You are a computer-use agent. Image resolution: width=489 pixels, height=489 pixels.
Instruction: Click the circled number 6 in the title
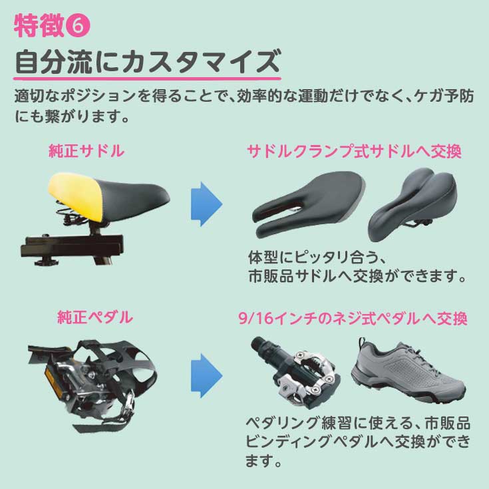pyautogui.click(x=79, y=26)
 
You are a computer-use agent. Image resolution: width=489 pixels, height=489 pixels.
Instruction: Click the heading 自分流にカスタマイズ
pyautogui.click(x=148, y=62)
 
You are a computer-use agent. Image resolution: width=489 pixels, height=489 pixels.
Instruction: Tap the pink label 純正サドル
pyautogui.click(x=86, y=151)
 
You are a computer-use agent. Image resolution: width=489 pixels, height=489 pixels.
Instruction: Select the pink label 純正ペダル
pyautogui.click(x=95, y=317)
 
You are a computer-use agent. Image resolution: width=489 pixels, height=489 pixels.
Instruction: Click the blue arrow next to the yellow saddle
pyautogui.click(x=206, y=204)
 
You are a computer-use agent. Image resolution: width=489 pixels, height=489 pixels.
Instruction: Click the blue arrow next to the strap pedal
pyautogui.click(x=206, y=376)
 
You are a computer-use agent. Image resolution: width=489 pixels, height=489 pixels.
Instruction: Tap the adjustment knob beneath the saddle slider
pyautogui.click(x=46, y=261)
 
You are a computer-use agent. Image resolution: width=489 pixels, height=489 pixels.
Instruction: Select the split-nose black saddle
pyautogui.click(x=307, y=204)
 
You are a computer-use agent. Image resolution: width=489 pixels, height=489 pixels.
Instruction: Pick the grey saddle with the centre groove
pyautogui.click(x=413, y=204)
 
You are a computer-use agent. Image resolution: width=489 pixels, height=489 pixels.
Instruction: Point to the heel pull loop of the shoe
pyautogui.click(x=361, y=343)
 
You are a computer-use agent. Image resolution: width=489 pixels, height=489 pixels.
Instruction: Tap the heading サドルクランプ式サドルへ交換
pyautogui.click(x=354, y=152)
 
